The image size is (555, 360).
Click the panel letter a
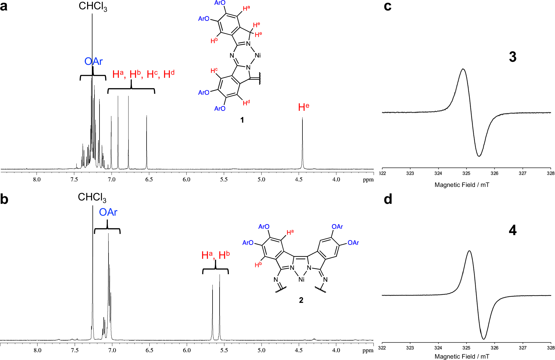(4, 6)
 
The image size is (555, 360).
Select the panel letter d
(388, 199)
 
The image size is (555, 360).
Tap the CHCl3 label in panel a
(93, 6)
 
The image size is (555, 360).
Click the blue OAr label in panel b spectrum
(108, 212)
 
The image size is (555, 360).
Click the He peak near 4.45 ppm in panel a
(302, 118)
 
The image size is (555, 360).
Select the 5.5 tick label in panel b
(224, 350)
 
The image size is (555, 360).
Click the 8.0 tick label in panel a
(37, 180)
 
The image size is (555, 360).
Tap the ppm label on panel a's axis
(368, 180)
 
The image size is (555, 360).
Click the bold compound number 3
(513, 57)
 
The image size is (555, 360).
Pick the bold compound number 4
(513, 230)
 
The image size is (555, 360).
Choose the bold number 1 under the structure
(242, 120)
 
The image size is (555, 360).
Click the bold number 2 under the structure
(301, 300)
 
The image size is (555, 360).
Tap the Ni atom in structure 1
(258, 56)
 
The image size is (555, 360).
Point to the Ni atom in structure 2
(301, 279)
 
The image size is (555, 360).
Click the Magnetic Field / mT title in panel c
(462, 185)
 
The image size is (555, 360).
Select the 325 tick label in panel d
(466, 348)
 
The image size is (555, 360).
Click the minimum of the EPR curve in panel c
(479, 156)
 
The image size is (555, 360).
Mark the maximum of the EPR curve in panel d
(469, 251)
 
